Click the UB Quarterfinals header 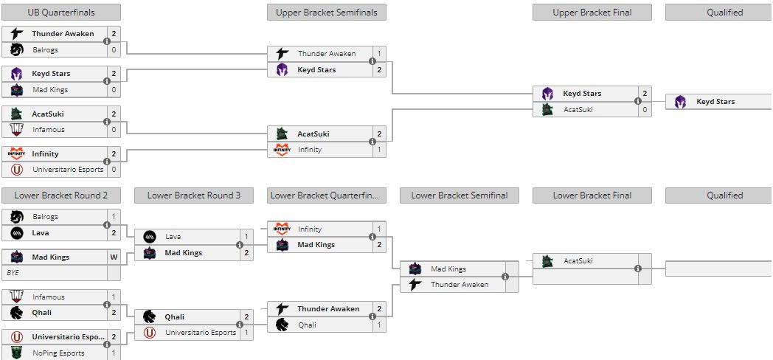61,12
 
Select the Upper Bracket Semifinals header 326,12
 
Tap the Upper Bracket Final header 592,12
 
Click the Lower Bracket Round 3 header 194,195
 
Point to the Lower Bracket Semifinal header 459,195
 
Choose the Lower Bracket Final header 592,195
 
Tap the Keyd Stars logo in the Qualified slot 680,102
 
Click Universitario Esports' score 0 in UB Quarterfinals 114,170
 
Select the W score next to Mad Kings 114,257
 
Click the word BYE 13,273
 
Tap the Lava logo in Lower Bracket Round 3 149,237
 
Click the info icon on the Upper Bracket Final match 639,102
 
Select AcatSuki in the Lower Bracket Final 578,261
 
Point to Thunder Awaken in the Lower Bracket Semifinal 459,285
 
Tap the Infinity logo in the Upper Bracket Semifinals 282,150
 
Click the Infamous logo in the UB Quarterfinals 16,130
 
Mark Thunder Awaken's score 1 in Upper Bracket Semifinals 379,54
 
